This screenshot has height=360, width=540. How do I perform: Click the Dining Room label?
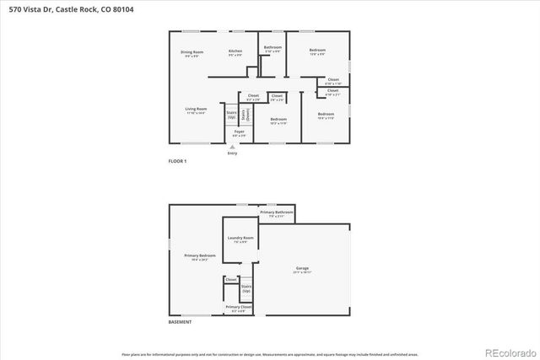tap(192, 52)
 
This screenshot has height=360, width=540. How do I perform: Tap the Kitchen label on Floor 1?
tap(235, 51)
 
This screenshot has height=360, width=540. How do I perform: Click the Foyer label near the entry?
tap(239, 132)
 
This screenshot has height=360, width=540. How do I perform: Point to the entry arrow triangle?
tap(232, 147)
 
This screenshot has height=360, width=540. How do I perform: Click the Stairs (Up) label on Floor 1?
tap(231, 114)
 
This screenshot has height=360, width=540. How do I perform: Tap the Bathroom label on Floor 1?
tap(273, 47)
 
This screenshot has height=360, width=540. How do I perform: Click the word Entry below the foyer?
tap(232, 153)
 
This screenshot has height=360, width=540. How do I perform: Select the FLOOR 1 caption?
tap(177, 161)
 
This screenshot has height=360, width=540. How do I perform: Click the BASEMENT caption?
tap(180, 322)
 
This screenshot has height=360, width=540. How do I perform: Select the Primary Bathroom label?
tap(281, 212)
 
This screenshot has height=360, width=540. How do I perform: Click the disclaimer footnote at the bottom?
tap(270, 355)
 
